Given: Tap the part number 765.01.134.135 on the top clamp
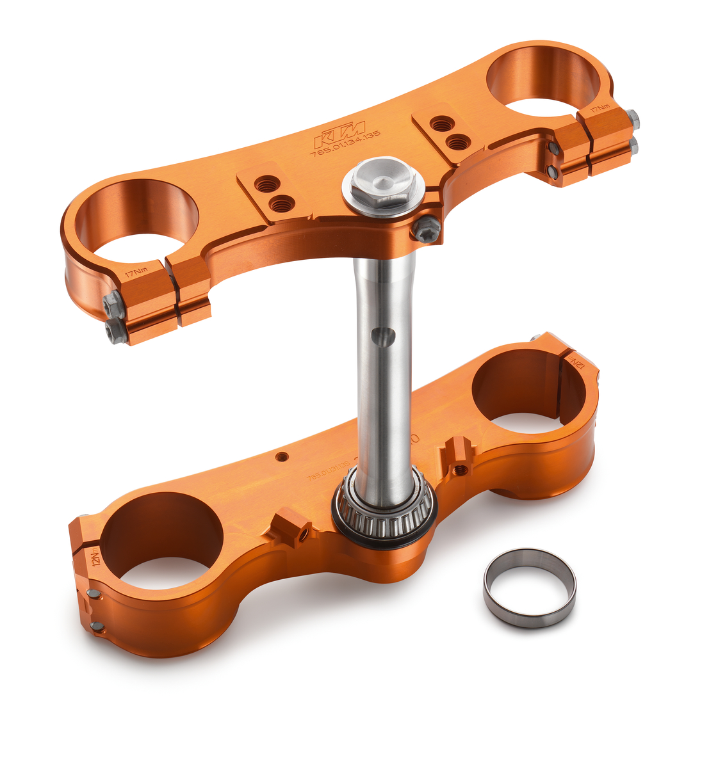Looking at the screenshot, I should (345, 145).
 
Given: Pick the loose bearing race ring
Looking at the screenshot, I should (529, 587).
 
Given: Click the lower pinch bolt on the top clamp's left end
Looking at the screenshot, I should (115, 330).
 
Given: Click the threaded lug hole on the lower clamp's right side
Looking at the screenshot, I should (459, 470).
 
